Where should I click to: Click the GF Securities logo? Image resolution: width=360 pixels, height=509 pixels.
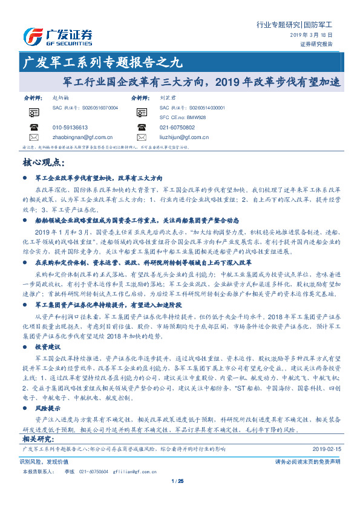(x=58, y=37)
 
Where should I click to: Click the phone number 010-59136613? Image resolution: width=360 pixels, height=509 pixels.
(x=70, y=128)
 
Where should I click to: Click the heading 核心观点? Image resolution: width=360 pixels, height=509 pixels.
(x=42, y=162)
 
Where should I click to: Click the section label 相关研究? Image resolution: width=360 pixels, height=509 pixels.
(x=38, y=438)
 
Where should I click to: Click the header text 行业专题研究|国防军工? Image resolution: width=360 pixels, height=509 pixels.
(x=294, y=25)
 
